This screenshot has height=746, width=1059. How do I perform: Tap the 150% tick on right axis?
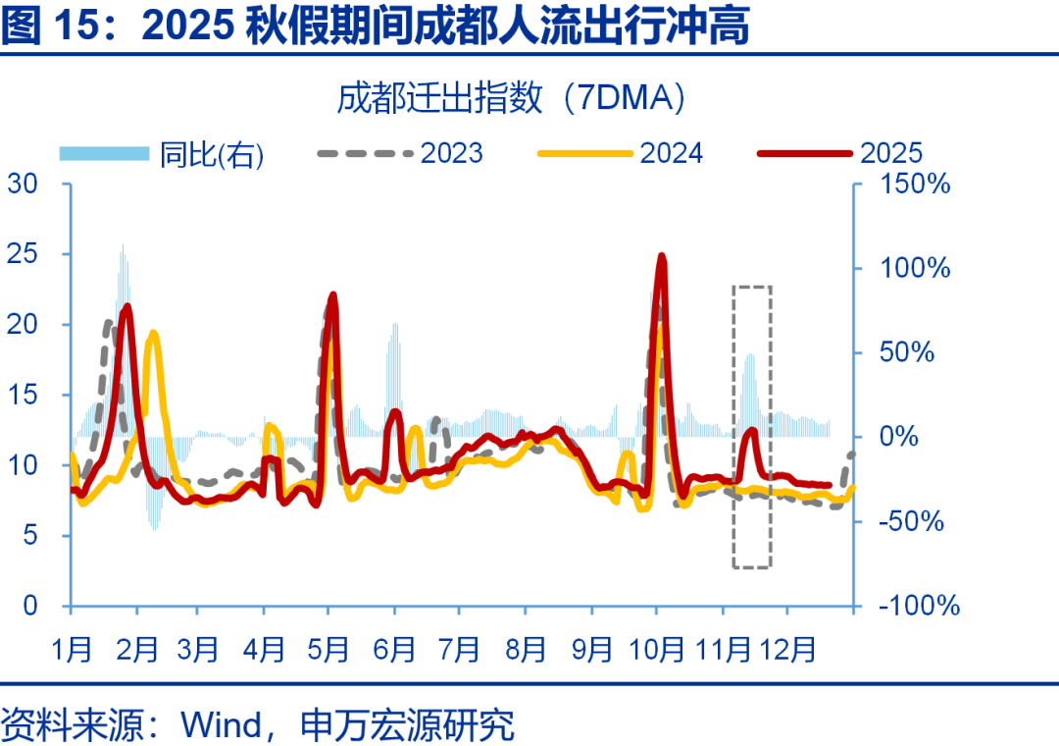coord(914,184)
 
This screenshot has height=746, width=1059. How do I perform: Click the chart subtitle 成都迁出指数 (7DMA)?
coord(511,98)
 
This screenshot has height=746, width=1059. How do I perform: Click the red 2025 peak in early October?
coord(662,256)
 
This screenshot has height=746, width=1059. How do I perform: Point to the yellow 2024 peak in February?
coord(152,335)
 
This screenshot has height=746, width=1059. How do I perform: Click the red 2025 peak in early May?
coord(332,294)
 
